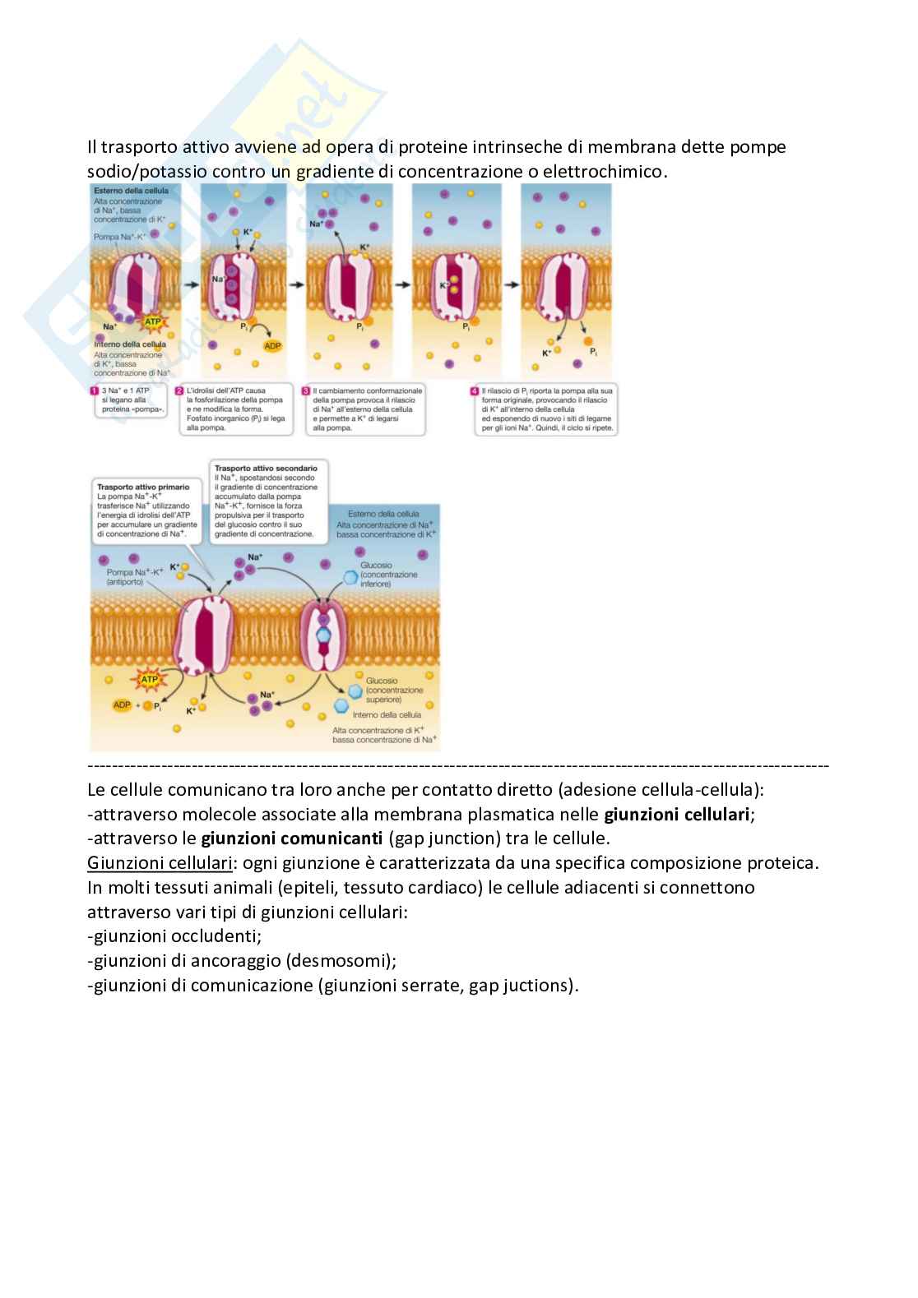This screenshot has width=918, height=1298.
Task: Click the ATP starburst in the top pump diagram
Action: (153, 321)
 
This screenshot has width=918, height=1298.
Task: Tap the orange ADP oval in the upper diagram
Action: (272, 345)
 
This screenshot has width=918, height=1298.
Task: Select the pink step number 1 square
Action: (95, 391)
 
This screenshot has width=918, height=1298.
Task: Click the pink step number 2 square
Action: (179, 391)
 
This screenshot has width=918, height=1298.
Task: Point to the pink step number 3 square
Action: (306, 391)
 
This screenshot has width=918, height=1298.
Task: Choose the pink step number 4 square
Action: (474, 391)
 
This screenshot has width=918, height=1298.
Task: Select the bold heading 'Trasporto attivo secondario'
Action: (266, 468)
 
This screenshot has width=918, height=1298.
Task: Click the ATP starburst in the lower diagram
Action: (149, 680)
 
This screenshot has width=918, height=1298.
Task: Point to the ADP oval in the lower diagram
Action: (122, 705)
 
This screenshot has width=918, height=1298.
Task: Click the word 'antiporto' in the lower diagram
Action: (125, 582)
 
